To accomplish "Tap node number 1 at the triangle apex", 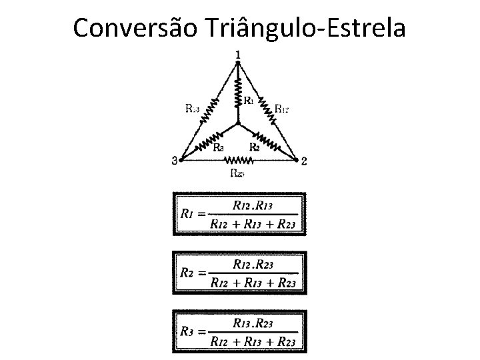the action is click(x=239, y=54).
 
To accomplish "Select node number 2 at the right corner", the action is click(x=304, y=161).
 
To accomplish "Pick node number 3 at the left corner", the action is click(x=175, y=161).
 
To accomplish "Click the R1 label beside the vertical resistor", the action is click(x=248, y=101).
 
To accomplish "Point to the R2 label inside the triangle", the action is click(x=254, y=147).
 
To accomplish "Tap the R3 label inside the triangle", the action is click(x=218, y=147).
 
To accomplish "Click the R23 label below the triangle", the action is click(x=237, y=173).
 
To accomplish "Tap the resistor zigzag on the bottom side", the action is click(x=237, y=160).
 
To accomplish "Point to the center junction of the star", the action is click(x=238, y=123).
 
